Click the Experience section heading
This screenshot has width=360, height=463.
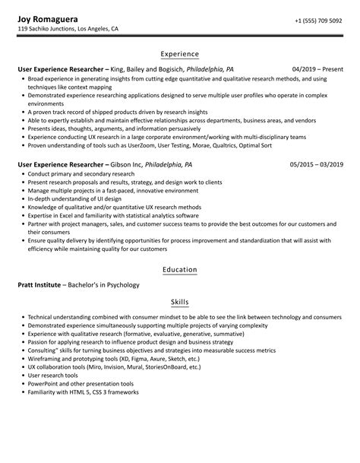coord(180,54)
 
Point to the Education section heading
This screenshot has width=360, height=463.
coord(180,269)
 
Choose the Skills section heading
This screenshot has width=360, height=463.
coord(180,302)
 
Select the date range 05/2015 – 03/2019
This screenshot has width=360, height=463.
coord(317,163)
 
